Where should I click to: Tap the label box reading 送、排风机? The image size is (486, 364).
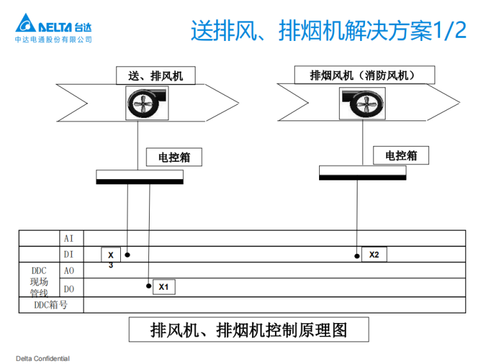pos(155,76)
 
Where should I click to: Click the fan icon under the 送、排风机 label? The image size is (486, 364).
pos(147,104)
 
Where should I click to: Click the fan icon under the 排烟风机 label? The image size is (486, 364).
pos(363,103)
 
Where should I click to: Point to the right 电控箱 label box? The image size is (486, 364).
pos(401,155)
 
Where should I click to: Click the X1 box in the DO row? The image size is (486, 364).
pos(163,287)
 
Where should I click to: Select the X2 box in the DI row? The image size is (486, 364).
pos(374,255)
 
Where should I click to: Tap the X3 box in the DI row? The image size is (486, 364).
pos(111,256)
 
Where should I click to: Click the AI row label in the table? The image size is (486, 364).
pos(69,239)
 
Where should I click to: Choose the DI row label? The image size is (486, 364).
pos(69,255)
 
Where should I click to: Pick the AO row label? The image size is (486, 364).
pos(69,271)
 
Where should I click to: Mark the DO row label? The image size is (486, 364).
pos(69,289)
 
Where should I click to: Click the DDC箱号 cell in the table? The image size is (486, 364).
pos(51,305)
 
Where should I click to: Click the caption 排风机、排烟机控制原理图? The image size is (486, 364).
pos(249,330)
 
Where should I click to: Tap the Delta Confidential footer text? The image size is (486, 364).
pos(43,358)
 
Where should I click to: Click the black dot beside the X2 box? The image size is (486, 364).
pos(357,256)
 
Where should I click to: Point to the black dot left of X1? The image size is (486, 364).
pos(149,286)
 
